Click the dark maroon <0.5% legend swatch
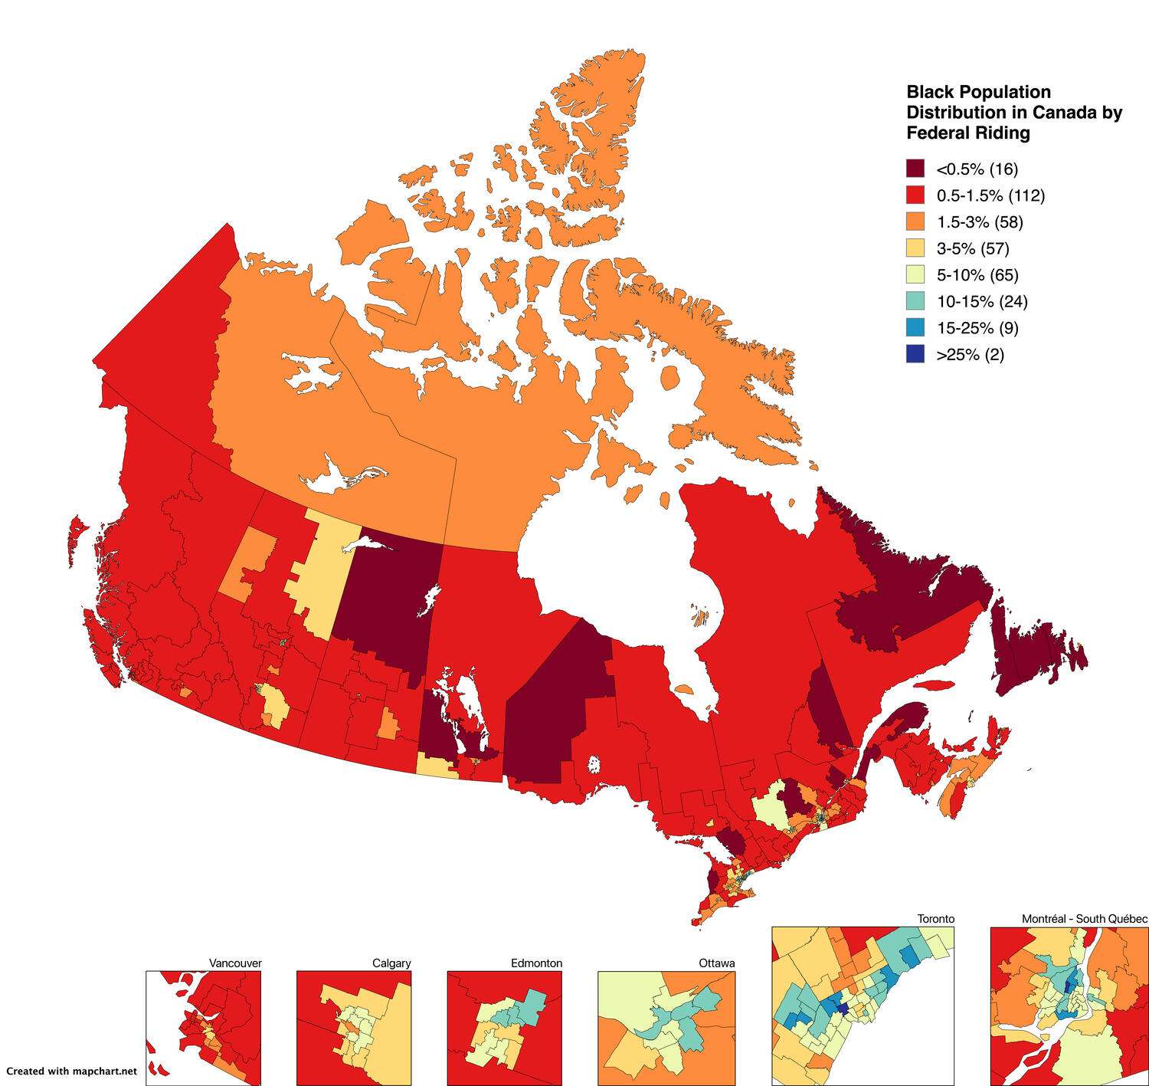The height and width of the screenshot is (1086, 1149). point(915,169)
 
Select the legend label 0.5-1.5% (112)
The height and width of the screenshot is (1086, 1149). point(990,195)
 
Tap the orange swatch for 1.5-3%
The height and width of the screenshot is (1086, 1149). point(915,222)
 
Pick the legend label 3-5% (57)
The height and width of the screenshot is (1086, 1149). point(972,248)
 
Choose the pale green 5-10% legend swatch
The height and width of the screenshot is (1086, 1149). point(915,275)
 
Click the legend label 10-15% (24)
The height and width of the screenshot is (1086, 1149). point(981,301)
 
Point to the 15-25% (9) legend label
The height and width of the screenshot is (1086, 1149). point(977,328)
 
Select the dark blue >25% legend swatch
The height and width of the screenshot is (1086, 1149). point(915,354)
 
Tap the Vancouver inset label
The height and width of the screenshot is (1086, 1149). point(235,963)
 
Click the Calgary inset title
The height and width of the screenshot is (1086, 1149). point(391,963)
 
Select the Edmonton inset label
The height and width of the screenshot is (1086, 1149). point(536,963)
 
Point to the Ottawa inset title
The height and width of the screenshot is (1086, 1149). point(716,963)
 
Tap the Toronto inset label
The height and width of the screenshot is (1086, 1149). point(936,919)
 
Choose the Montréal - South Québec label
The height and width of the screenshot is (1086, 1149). point(1084,919)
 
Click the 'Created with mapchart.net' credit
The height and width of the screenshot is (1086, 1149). point(71,1071)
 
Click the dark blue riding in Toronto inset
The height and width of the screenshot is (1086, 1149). point(843,1009)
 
